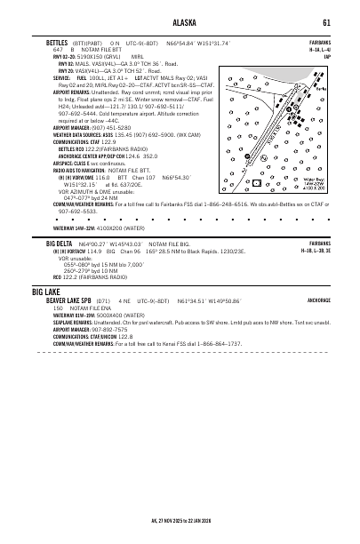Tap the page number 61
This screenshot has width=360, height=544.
click(327, 23)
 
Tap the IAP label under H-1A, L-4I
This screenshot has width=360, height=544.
click(327, 56)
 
